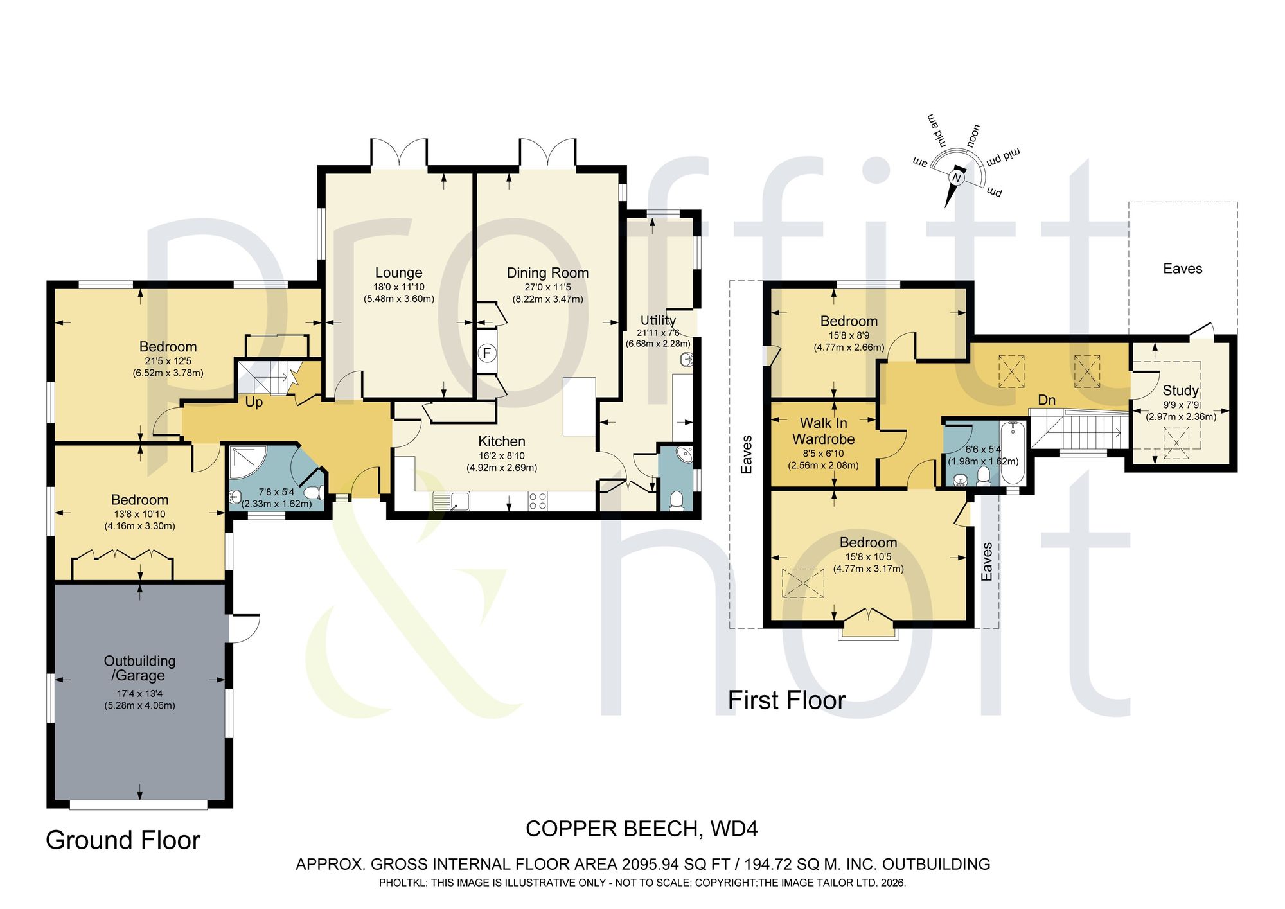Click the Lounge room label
click(398, 273)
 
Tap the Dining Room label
click(547, 273)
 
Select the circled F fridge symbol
click(487, 353)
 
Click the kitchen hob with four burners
click(538, 501)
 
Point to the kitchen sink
click(451, 501)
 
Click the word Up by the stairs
click(254, 403)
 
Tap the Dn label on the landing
click(1047, 400)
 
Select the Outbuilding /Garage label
click(139, 668)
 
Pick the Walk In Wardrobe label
click(824, 431)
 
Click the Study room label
click(1180, 391)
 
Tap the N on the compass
click(956, 177)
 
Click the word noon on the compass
click(973, 136)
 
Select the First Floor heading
click(786, 700)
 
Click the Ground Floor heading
click(123, 840)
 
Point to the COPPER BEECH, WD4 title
click(642, 829)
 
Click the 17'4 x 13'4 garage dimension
click(139, 694)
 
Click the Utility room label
click(658, 321)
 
